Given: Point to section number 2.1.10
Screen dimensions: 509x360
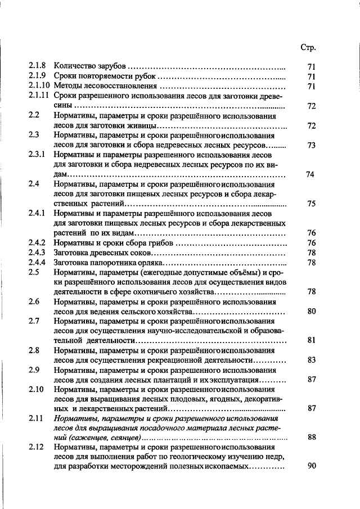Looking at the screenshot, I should [x=39, y=86].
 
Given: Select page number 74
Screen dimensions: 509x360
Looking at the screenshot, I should [x=309, y=174].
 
